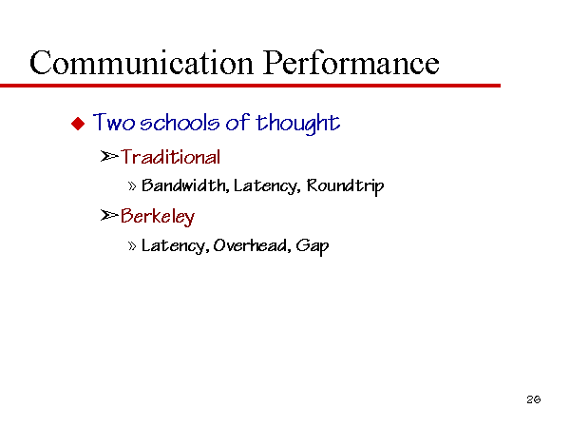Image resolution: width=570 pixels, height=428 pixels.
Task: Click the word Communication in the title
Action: (x=141, y=63)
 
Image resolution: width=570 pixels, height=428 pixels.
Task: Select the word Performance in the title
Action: (x=351, y=63)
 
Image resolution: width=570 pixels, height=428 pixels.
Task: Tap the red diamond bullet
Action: (x=78, y=124)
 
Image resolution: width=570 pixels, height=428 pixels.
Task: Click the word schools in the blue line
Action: (x=180, y=123)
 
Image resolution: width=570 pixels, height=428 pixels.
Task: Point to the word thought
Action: (x=298, y=123)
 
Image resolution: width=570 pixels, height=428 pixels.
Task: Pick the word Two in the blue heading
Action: (x=114, y=123)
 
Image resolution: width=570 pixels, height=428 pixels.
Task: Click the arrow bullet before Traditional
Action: (x=109, y=157)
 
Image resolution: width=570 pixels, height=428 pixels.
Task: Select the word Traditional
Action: (x=170, y=157)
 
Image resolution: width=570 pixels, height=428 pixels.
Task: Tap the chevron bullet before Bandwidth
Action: (x=132, y=186)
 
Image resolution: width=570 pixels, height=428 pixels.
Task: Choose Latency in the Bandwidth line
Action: (x=267, y=186)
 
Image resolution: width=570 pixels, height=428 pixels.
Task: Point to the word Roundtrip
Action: (x=346, y=186)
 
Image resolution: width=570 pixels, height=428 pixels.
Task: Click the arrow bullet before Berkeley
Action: (x=109, y=216)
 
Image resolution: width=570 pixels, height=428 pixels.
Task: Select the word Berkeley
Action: (x=158, y=217)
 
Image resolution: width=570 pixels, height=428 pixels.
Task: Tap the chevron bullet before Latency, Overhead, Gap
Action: (x=132, y=246)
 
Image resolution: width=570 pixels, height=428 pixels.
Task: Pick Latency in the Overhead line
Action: (x=175, y=246)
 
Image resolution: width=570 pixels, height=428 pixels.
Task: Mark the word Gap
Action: (x=313, y=246)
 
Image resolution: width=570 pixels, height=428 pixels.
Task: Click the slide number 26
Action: (x=534, y=399)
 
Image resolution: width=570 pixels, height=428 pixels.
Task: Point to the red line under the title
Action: (x=250, y=86)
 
